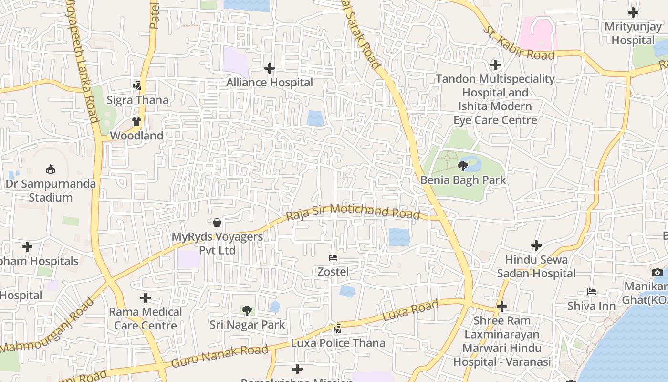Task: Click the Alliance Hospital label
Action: tap(270, 83)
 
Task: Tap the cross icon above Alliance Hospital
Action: tap(270, 68)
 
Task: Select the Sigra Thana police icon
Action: tap(137, 86)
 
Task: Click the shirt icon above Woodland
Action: tap(136, 121)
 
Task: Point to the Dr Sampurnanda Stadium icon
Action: tap(51, 169)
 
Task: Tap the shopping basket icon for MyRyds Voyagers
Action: tap(217, 223)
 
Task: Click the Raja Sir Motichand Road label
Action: tap(353, 212)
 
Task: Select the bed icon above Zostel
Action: tap(333, 258)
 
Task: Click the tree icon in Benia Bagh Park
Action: tap(462, 166)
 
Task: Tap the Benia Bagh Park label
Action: tap(463, 180)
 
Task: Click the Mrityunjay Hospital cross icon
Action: tap(633, 12)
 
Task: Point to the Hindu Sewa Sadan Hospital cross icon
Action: tap(536, 245)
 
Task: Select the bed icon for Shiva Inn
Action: tap(592, 291)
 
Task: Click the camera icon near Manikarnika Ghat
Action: tap(658, 272)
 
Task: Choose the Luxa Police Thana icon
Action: tap(338, 329)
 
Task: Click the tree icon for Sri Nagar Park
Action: tap(247, 311)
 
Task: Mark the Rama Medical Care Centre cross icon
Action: tap(146, 298)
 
